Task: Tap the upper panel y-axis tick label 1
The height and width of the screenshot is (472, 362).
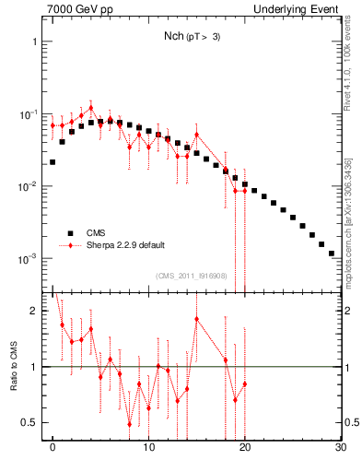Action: [34, 42]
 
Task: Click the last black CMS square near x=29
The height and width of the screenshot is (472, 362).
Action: [331, 252]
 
